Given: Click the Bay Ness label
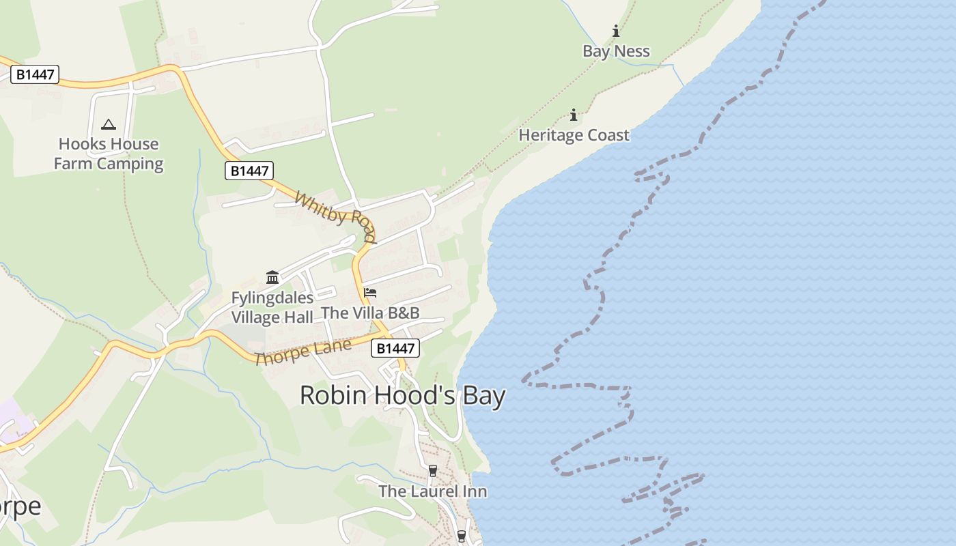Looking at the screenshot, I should (x=616, y=51).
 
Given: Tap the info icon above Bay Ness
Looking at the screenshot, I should (x=616, y=31).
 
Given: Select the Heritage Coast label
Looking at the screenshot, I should (x=574, y=135).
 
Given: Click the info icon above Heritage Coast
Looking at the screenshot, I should (x=574, y=114).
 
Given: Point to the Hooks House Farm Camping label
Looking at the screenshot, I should (x=109, y=154).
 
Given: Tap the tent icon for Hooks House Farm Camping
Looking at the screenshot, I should (x=108, y=124).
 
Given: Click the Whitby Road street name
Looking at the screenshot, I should (x=335, y=217).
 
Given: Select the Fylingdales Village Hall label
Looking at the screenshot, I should (x=272, y=308).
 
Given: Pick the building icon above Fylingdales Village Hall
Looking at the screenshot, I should (x=272, y=277).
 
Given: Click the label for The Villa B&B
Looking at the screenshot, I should (x=370, y=313).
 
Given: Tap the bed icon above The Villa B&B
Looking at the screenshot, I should (x=370, y=293).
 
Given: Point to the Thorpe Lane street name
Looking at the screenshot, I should (x=303, y=351).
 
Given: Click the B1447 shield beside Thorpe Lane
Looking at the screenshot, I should (x=395, y=348).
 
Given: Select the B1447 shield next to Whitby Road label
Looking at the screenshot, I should (x=249, y=171).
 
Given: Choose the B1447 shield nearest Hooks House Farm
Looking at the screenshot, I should (x=35, y=74).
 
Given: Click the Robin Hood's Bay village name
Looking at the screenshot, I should (x=403, y=396).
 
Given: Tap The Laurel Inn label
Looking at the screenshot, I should (x=432, y=491).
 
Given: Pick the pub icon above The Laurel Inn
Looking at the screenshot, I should (x=432, y=471).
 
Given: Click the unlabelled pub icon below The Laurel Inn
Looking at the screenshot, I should (x=462, y=536).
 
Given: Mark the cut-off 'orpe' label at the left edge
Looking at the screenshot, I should (x=20, y=506).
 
